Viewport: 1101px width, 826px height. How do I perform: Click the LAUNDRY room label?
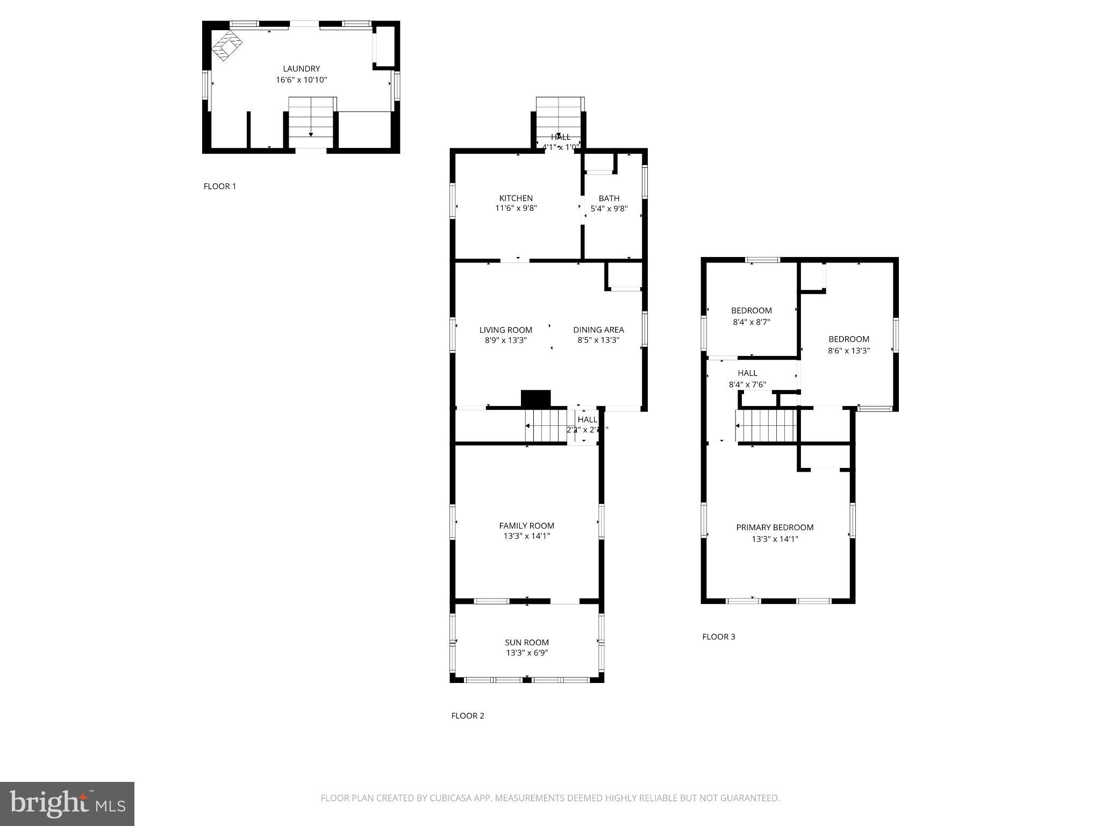click(x=301, y=69)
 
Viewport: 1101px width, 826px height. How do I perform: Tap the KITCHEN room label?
click(x=516, y=198)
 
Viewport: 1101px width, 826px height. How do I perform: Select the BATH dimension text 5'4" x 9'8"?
click(x=609, y=209)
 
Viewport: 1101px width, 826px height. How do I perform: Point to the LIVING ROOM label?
click(x=505, y=330)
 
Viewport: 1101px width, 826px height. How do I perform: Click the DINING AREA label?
click(x=598, y=330)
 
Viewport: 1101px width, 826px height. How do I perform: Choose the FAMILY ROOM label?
click(x=526, y=525)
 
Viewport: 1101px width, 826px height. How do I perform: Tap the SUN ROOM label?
click(x=526, y=642)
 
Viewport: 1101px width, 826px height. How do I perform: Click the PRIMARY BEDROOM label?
click(x=775, y=527)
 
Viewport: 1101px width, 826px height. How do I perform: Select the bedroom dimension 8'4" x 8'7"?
click(x=751, y=322)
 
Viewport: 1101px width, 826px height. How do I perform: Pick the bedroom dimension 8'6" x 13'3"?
click(x=848, y=351)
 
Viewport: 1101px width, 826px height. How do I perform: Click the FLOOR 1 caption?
click(x=219, y=187)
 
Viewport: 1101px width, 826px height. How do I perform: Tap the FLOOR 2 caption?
click(x=467, y=716)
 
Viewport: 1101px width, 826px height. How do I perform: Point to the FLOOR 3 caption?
click(x=718, y=637)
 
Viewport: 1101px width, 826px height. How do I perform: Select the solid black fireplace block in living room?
click(x=535, y=398)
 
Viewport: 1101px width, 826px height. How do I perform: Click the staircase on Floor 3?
click(x=766, y=425)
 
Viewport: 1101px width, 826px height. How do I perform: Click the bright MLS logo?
click(x=67, y=803)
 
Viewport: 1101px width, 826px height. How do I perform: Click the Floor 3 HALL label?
click(x=747, y=373)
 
